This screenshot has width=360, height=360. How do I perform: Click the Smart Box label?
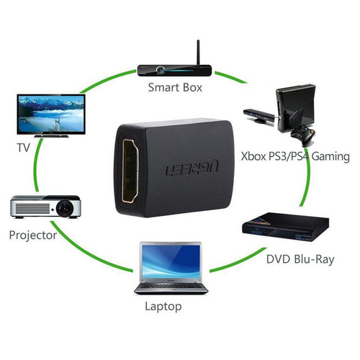(175, 87)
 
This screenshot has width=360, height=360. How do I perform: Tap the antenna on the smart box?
(198, 53)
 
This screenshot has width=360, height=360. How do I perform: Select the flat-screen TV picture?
(51, 116)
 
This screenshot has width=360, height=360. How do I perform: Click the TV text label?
(23, 148)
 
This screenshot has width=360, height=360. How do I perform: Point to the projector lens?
(65, 208)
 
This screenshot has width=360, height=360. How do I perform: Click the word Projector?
(33, 235)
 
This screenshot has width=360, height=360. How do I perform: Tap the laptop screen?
(171, 261)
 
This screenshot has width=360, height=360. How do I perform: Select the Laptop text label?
(163, 307)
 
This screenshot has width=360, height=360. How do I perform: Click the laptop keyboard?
(171, 286)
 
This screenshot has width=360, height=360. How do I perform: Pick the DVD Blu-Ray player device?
(286, 228)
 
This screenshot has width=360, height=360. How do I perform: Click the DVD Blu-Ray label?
(300, 259)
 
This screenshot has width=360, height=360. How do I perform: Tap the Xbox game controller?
(303, 135)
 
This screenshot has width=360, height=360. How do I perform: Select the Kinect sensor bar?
(258, 116)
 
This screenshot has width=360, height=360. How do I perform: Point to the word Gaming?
(330, 157)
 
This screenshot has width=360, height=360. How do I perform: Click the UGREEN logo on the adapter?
(192, 167)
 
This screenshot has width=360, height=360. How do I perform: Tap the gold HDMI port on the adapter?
(130, 171)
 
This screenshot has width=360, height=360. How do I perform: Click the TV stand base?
(51, 136)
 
